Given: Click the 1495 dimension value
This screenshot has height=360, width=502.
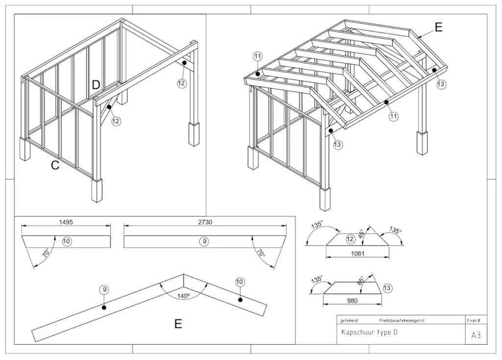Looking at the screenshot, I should click(66, 222).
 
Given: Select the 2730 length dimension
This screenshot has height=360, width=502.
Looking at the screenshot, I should click(205, 222).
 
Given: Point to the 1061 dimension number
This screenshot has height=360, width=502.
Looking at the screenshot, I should click(357, 254).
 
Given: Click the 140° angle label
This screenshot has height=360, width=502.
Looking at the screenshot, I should click(183, 296).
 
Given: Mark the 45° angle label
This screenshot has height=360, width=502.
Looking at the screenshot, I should click(362, 233).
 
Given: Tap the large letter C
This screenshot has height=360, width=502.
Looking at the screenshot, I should click(55, 166).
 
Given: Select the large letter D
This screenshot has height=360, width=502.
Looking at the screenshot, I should click(96, 85).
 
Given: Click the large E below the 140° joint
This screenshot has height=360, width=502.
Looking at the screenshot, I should click(178, 324).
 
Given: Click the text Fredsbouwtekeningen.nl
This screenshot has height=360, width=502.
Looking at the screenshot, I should click(402, 320).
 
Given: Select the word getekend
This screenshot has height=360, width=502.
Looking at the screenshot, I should click(349, 320).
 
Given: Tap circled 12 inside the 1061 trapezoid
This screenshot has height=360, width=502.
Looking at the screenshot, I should click(350, 239).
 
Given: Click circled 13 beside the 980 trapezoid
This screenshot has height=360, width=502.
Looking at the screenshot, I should click(387, 288).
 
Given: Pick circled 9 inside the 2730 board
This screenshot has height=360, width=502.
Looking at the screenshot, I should click(204, 241).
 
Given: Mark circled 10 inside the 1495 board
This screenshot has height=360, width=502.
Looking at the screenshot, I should click(67, 241).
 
